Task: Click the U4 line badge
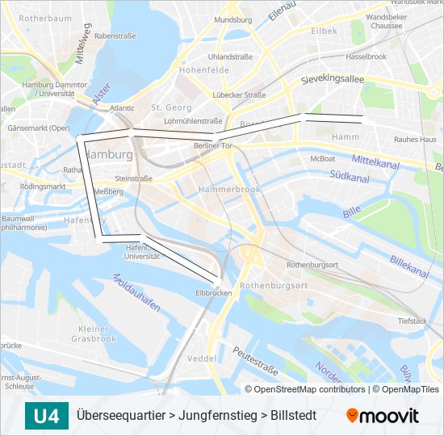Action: pos(46,417)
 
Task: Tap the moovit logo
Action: pos(383,417)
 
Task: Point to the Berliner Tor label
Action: pos(213,145)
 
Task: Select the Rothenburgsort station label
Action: pos(312,265)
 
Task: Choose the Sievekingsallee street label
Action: pos(333,80)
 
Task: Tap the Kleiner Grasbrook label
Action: pos(94,333)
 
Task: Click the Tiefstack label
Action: pos(413,321)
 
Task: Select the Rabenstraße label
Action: pos(115,36)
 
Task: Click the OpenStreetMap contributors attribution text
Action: pos(310,389)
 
